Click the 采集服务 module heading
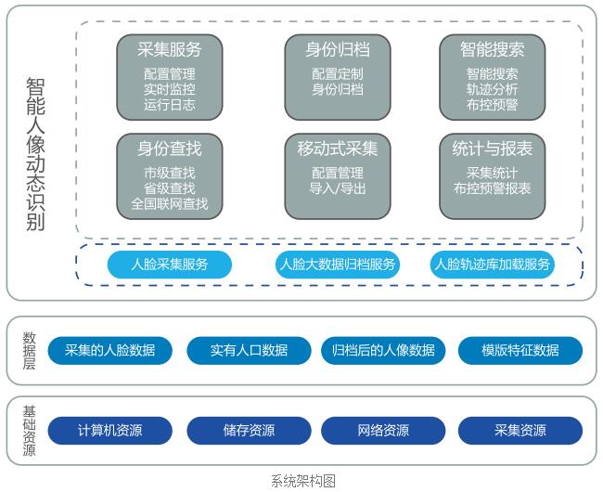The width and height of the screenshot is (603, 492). pos(169,49)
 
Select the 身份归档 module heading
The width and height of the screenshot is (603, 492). pos(337,49)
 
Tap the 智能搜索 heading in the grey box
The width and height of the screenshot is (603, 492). pos(492,49)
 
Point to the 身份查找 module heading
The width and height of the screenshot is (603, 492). pos(169,149)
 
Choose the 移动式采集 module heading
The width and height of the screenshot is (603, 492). pos(337,149)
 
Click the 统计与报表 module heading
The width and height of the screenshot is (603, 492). pos(492,149)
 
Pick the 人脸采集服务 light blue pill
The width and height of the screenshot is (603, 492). pos(169,265)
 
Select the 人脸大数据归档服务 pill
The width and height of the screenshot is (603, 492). pos(338,265)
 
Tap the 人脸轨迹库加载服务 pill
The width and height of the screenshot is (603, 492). pos(493,265)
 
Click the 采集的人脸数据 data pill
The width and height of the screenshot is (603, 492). pos(109,350)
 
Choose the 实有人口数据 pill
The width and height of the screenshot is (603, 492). pos(249,350)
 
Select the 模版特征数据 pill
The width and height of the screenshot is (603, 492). pos(520,350)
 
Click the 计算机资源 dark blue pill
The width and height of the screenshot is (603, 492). pos(109,431)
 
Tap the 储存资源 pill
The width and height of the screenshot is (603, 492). pos(249,431)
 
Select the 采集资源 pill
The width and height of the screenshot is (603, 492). pos(520,431)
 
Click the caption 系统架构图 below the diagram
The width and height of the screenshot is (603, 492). pos(302,481)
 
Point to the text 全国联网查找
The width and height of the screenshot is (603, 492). pos(169,203)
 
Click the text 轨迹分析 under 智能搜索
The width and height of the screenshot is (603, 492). pos(492,89)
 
